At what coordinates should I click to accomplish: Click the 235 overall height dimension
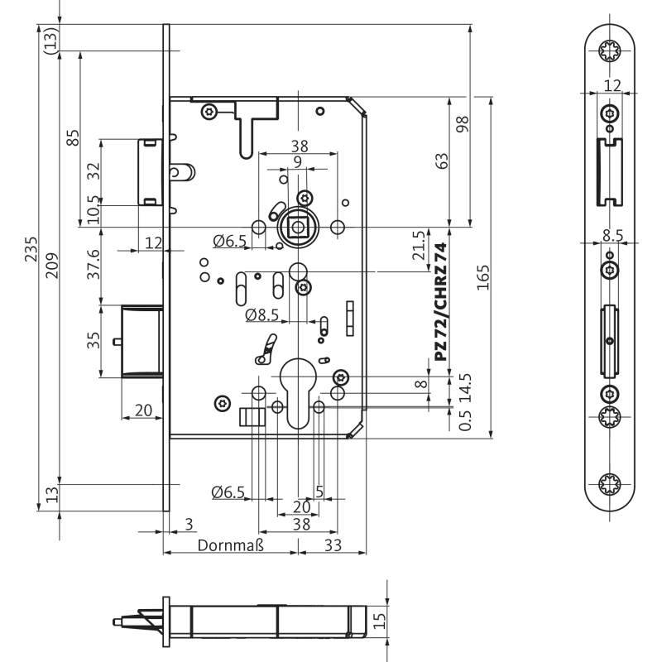point(32,249)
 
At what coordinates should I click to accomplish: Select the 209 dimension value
point(52,265)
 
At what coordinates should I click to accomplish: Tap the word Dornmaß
point(229,546)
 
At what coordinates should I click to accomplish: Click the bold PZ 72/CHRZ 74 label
point(440,302)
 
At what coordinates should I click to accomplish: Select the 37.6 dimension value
point(94,264)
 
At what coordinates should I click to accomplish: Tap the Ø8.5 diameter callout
point(262,314)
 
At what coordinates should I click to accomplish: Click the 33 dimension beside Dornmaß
point(333,546)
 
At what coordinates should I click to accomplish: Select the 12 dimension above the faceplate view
point(612,85)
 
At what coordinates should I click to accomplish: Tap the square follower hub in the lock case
point(295,227)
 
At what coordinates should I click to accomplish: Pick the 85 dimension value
point(73,137)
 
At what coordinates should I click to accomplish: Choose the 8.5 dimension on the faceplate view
point(612,235)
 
